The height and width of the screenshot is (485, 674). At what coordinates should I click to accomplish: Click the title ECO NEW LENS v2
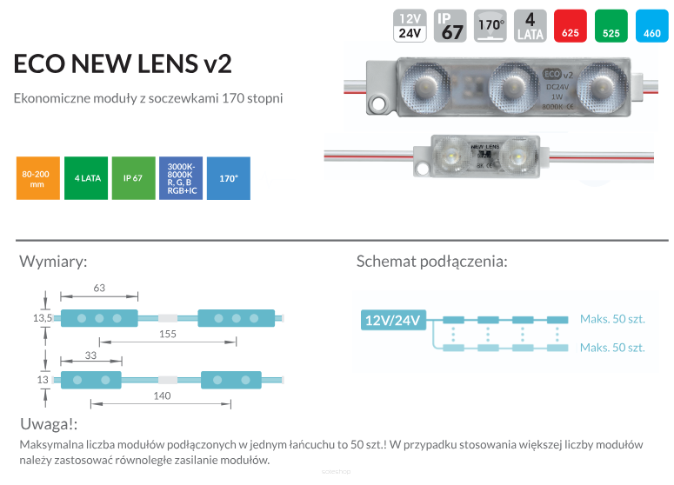pyautogui.click(x=123, y=64)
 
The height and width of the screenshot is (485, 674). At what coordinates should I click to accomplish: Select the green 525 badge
pyautogui.click(x=611, y=25)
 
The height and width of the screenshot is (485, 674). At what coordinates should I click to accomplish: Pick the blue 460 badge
pyautogui.click(x=652, y=25)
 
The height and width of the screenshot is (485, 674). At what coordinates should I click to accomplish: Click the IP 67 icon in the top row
pyautogui.click(x=451, y=25)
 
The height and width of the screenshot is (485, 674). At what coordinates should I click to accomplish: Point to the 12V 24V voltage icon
pyautogui.click(x=410, y=25)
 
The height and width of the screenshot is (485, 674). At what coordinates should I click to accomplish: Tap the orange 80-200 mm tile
pyautogui.click(x=37, y=178)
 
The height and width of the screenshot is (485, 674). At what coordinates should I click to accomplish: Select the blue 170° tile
pyautogui.click(x=229, y=178)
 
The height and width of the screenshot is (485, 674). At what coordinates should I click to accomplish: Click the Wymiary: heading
pyautogui.click(x=53, y=262)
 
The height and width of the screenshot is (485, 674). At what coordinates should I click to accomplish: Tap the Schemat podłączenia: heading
pyautogui.click(x=432, y=262)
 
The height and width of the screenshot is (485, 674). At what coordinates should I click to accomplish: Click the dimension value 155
pyautogui.click(x=168, y=334)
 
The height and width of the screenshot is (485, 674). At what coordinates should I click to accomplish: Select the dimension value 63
pyautogui.click(x=98, y=288)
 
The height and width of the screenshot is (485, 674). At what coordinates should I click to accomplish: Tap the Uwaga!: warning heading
pyautogui.click(x=49, y=424)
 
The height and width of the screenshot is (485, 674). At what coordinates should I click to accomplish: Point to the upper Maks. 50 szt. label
pyautogui.click(x=612, y=319)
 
